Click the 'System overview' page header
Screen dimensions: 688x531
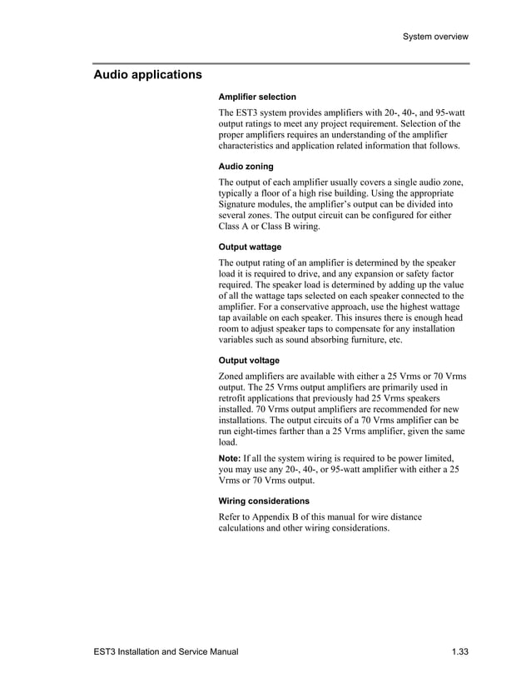[434, 37]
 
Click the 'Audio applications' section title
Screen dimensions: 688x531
[147, 75]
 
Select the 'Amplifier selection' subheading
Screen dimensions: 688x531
[257, 97]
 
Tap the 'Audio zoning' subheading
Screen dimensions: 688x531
[246, 167]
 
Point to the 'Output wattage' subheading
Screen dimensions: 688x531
[250, 247]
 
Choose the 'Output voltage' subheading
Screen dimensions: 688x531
[249, 361]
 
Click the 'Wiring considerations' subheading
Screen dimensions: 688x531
[264, 501]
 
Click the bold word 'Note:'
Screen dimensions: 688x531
[230, 459]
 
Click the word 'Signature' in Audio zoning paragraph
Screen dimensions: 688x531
[240, 204]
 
